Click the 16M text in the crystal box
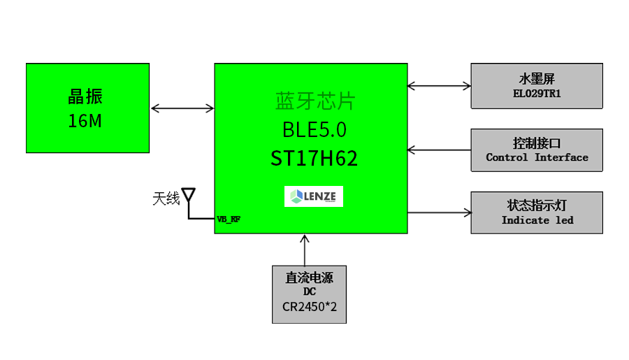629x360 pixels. click(x=85, y=121)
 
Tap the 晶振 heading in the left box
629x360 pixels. click(x=85, y=96)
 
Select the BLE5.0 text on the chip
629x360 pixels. click(x=314, y=129)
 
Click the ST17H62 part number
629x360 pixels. click(x=314, y=158)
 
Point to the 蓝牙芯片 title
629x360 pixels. click(x=315, y=101)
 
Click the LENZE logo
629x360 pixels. click(x=314, y=196)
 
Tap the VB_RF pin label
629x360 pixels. click(x=229, y=219)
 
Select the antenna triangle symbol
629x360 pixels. click(x=189, y=194)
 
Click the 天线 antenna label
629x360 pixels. click(x=166, y=199)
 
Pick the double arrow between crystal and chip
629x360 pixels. click(x=182, y=108)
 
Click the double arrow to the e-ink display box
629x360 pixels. click(x=440, y=85)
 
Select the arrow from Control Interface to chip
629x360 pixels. click(x=440, y=150)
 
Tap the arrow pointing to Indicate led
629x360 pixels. click(x=440, y=213)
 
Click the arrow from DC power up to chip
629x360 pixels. click(x=305, y=250)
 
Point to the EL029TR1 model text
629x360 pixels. click(x=537, y=94)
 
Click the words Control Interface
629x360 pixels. click(x=537, y=157)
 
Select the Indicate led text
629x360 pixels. click(x=537, y=220)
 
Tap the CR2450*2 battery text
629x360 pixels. click(x=310, y=307)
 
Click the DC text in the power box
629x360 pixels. click(x=310, y=291)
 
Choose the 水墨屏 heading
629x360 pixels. click(x=537, y=79)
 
